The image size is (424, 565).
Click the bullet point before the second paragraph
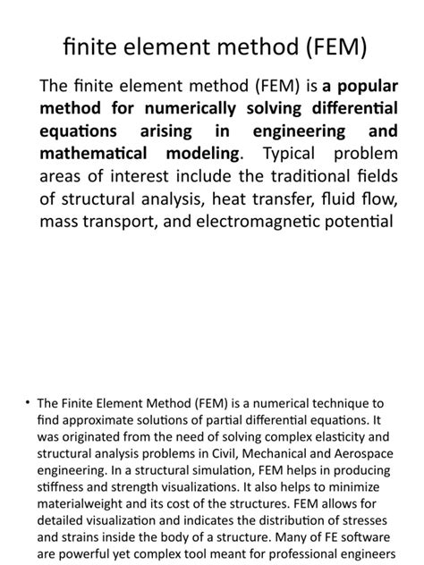click(28, 379)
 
